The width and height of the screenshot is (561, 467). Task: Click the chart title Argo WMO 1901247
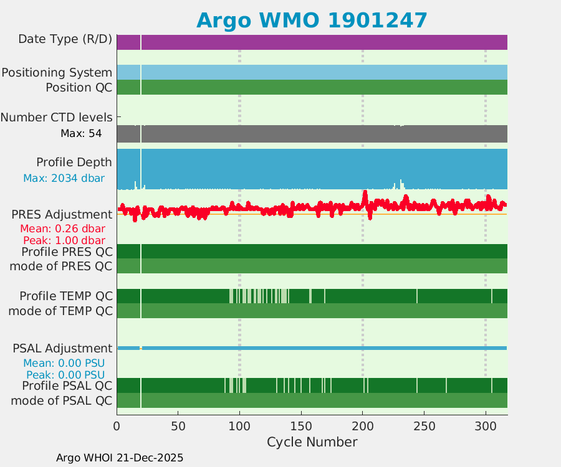click(x=312, y=21)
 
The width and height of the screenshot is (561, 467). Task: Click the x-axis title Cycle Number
click(x=312, y=442)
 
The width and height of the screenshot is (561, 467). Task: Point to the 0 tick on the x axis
click(x=117, y=427)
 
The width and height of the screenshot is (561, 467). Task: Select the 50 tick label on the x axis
click(x=178, y=427)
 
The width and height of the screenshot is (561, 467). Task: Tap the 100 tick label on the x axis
click(x=239, y=427)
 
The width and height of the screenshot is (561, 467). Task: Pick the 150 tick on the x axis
click(x=301, y=427)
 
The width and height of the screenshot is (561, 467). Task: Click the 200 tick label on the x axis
click(x=362, y=427)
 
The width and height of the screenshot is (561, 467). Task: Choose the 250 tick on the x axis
click(x=424, y=427)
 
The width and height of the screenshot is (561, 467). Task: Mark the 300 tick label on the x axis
click(x=486, y=427)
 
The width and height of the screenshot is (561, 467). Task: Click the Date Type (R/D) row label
click(x=65, y=40)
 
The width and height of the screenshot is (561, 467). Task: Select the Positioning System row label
click(x=57, y=73)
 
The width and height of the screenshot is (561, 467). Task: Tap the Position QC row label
click(x=79, y=88)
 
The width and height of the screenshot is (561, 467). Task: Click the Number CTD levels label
click(x=56, y=117)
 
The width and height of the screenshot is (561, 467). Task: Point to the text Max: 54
click(x=81, y=133)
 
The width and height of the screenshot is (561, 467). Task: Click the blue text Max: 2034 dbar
click(x=64, y=179)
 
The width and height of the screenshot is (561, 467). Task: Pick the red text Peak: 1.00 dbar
click(x=64, y=240)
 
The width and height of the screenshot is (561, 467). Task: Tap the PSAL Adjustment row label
click(x=62, y=349)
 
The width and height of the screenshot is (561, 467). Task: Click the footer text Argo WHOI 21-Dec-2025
click(x=120, y=458)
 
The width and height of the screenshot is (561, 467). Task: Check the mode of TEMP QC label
click(x=60, y=311)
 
